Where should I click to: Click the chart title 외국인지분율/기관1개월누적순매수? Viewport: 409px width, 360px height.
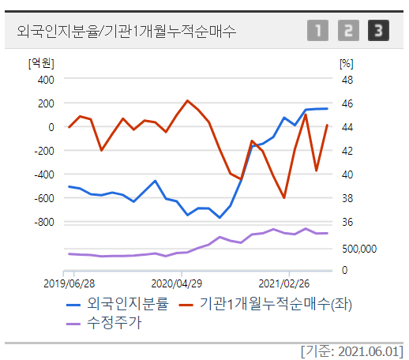coord(126,31)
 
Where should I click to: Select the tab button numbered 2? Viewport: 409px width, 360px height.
coord(348,32)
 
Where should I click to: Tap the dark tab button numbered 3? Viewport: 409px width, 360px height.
coord(379,32)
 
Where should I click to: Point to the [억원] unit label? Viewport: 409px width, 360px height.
coord(40,62)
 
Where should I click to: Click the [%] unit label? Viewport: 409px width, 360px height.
coord(345,62)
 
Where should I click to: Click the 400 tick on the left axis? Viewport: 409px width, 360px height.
coord(45,80)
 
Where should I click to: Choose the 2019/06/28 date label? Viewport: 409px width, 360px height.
coord(69,282)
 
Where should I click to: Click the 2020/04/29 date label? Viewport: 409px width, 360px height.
coord(177,282)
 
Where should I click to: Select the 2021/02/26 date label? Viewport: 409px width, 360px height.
coord(285,282)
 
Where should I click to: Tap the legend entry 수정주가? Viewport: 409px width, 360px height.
coord(114,321)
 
